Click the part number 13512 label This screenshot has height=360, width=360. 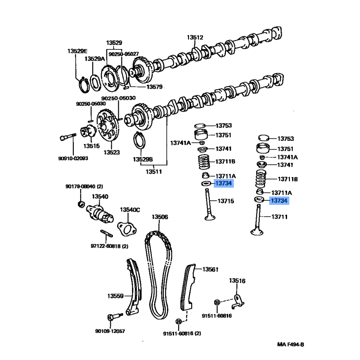(x=195, y=37)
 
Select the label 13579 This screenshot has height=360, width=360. (x=154, y=87)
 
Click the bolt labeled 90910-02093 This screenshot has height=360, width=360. (x=68, y=137)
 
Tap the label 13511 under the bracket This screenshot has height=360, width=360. (x=154, y=171)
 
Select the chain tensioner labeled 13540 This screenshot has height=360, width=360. (x=100, y=213)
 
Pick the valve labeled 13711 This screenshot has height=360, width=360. (x=257, y=220)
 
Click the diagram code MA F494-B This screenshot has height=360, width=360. (x=290, y=344)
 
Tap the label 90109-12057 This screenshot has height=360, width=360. (x=110, y=331)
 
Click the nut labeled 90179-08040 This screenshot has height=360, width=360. (x=81, y=204)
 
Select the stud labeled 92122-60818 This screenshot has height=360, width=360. (x=107, y=233)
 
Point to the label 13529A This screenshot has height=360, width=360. (x=94, y=59)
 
